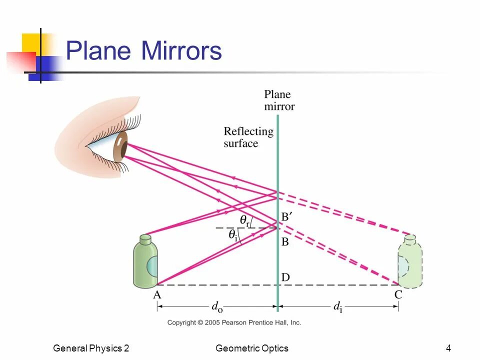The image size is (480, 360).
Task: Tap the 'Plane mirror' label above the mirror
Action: click(279, 100)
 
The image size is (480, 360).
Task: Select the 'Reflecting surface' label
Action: click(248, 137)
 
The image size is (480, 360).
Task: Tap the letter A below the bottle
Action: click(157, 295)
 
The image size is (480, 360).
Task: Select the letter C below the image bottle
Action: click(398, 295)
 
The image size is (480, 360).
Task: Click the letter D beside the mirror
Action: click(285, 277)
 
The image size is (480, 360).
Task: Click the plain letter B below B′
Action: click(285, 242)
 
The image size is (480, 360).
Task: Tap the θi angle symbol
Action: click(233, 234)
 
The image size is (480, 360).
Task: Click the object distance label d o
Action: click(216, 307)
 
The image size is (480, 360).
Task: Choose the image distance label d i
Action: click(338, 307)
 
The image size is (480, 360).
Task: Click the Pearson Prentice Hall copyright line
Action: click(234, 323)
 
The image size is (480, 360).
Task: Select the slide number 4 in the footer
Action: click(448, 348)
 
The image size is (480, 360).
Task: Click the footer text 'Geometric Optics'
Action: click(252, 348)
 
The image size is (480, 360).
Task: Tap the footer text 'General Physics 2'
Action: click(91, 348)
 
